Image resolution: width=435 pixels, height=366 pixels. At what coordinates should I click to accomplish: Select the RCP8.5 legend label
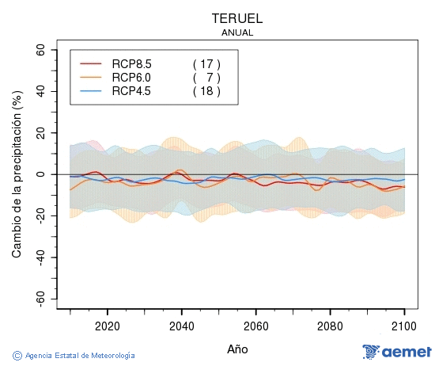pyautogui.click(x=131, y=64)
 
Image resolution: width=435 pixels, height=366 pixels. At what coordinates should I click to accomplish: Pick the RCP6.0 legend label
pyautogui.click(x=131, y=78)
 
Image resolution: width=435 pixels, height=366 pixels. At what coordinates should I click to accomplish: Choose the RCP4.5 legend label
pyautogui.click(x=131, y=91)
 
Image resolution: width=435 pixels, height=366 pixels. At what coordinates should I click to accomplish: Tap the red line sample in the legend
pyautogui.click(x=92, y=64)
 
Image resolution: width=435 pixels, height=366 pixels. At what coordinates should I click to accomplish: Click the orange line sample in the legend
pyautogui.click(x=92, y=78)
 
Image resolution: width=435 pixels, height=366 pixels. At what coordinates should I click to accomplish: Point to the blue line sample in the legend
pyautogui.click(x=92, y=91)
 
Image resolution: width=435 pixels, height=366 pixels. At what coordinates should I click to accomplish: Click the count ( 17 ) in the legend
pyautogui.click(x=206, y=64)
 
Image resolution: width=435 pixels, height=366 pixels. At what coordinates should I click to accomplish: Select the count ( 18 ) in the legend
pyautogui.click(x=206, y=91)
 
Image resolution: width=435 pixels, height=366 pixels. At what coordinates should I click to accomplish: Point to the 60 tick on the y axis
pyautogui.click(x=40, y=49)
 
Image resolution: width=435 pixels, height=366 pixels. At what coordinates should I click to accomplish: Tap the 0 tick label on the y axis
pyautogui.click(x=43, y=174)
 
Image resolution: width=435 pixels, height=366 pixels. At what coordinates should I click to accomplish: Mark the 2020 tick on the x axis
pyautogui.click(x=107, y=325)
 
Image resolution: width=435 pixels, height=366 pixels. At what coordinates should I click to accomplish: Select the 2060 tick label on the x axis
pyautogui.click(x=255, y=325)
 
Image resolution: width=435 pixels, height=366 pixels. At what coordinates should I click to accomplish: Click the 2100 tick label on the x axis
pyautogui.click(x=404, y=325)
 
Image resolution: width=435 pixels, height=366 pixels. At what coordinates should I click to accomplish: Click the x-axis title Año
pyautogui.click(x=237, y=348)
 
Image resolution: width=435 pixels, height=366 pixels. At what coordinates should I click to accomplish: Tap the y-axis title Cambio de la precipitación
pyautogui.click(x=17, y=174)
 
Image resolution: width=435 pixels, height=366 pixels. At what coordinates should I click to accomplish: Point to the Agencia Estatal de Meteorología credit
pyautogui.click(x=74, y=356)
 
